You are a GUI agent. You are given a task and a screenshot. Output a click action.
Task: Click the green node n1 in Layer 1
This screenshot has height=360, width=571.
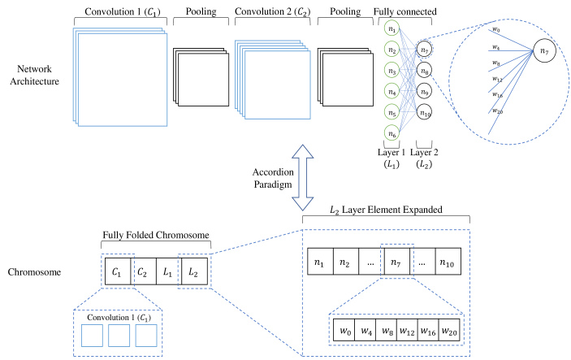click(x=392, y=31)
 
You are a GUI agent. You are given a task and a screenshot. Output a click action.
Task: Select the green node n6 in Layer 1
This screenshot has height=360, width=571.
click(x=392, y=133)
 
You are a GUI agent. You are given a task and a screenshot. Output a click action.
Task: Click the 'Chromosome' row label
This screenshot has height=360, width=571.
click(x=34, y=270)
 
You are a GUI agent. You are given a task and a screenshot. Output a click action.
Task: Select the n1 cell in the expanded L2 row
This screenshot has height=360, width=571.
click(x=321, y=262)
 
